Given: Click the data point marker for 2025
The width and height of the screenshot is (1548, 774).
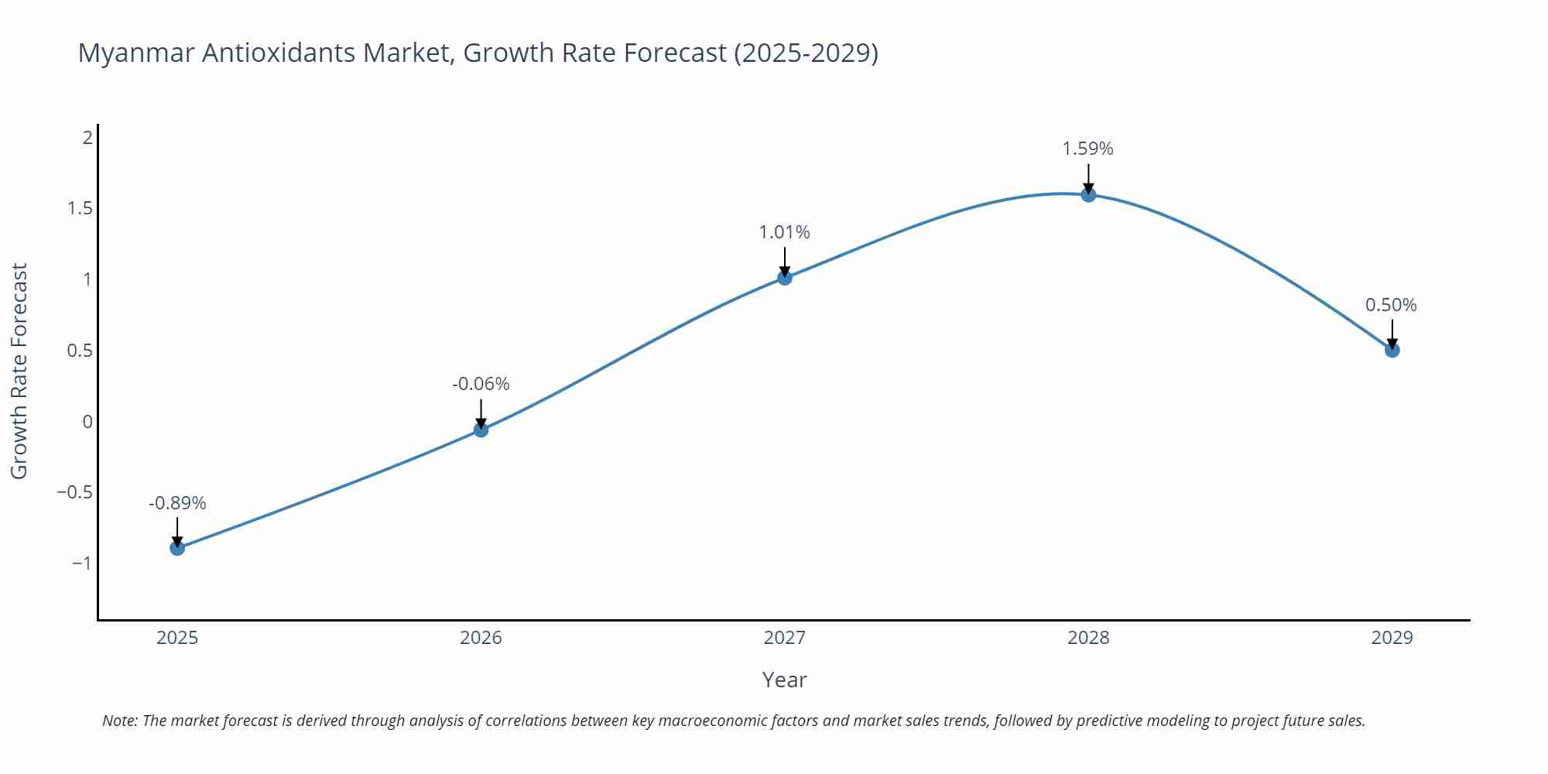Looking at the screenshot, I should click(x=177, y=548).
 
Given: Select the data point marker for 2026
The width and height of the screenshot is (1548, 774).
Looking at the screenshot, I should click(x=481, y=430).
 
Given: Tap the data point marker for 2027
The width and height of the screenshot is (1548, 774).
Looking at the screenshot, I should click(x=785, y=277).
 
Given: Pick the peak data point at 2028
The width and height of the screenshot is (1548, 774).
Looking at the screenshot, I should click(x=1088, y=194).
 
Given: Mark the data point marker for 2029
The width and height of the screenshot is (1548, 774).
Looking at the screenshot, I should click(x=1392, y=350).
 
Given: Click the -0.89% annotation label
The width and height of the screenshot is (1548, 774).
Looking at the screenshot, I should click(x=177, y=503).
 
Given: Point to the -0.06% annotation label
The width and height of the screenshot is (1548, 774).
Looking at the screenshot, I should click(x=481, y=384).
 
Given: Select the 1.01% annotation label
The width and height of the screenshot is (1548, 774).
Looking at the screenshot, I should click(x=784, y=232).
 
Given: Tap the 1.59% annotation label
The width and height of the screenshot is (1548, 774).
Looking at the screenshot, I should click(x=1087, y=149).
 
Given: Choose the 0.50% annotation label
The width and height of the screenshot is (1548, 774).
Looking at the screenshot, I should click(x=1391, y=305).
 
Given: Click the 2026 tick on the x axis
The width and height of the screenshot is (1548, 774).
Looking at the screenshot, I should click(x=481, y=638).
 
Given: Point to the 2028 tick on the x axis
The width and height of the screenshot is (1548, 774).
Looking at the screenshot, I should click(x=1088, y=638).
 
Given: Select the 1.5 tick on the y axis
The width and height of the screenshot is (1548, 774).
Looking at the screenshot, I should click(x=80, y=208).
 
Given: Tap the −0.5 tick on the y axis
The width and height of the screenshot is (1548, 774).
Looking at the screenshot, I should click(x=74, y=492).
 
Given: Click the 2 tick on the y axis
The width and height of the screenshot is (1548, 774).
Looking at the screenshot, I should click(x=87, y=138).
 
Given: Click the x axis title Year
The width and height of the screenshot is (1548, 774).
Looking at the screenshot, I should click(x=784, y=680).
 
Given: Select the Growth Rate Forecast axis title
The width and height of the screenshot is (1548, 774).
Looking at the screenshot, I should click(x=19, y=371).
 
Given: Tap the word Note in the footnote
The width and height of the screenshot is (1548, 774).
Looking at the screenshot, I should click(x=119, y=721).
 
